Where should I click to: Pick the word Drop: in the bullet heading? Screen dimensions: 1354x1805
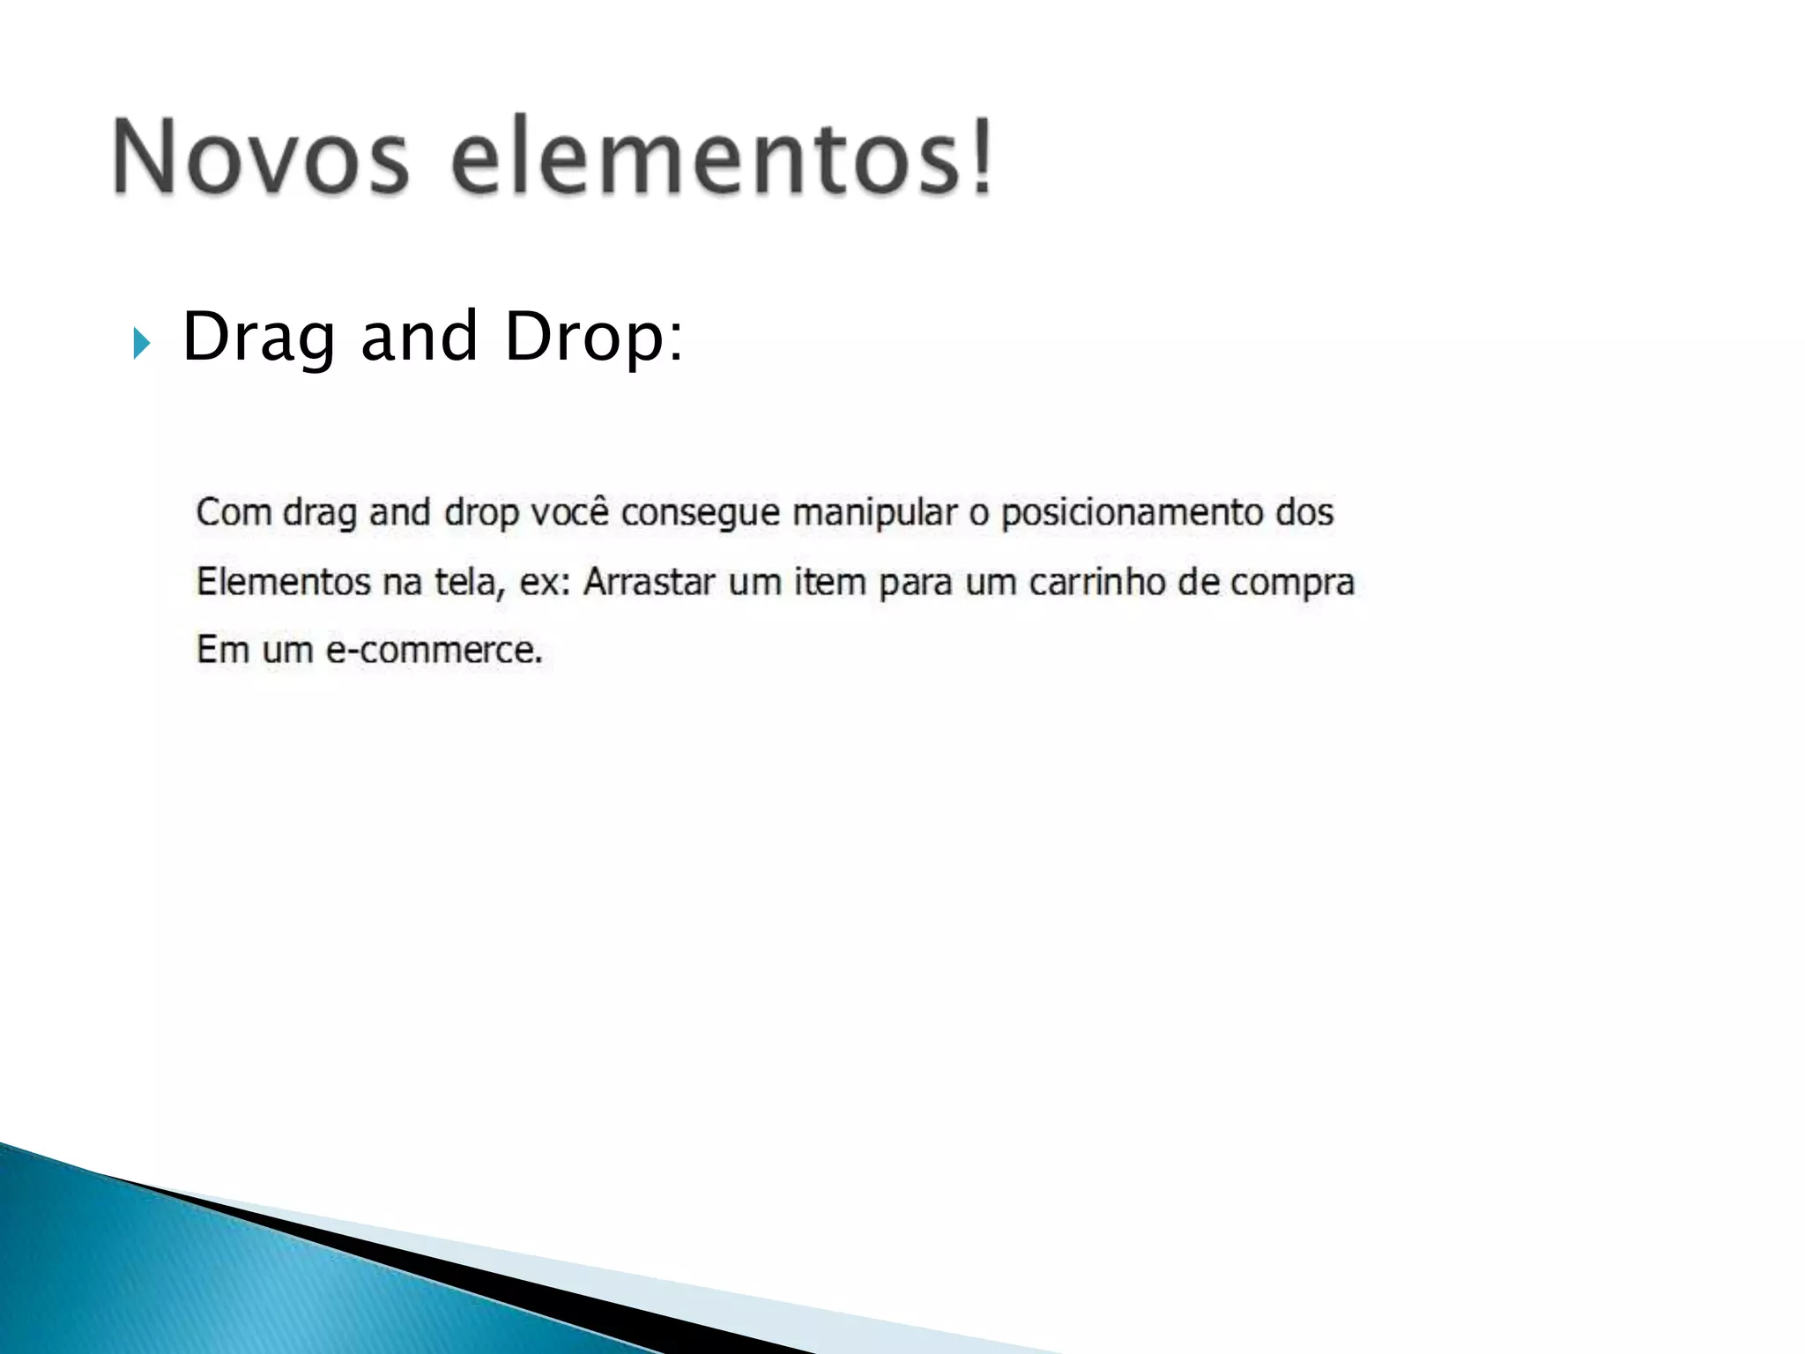pyautogui.click(x=593, y=338)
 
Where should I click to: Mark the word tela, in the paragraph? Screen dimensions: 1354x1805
pyautogui.click(x=470, y=583)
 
